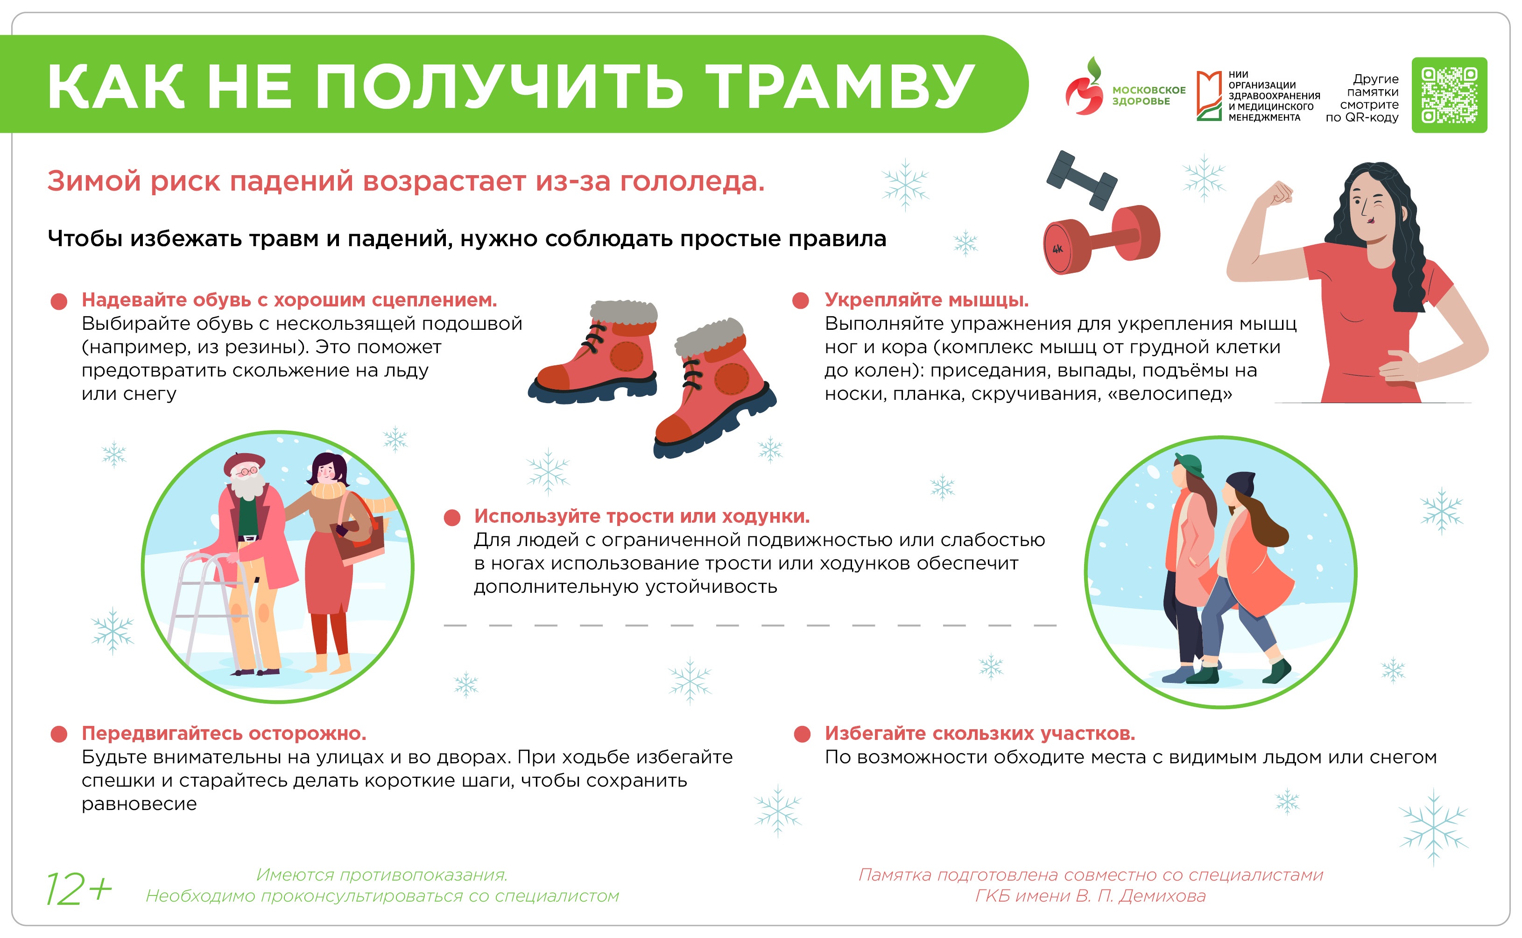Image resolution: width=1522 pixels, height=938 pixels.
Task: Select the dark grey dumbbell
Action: click(x=1081, y=180)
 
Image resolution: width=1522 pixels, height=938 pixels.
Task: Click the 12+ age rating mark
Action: click(x=79, y=889)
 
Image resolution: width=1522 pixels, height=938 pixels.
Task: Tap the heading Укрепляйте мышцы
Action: click(x=926, y=300)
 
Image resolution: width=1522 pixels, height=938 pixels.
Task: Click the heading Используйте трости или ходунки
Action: click(x=641, y=516)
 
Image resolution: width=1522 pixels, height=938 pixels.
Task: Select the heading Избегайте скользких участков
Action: click(x=979, y=733)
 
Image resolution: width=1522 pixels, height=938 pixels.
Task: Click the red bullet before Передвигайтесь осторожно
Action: click(x=59, y=734)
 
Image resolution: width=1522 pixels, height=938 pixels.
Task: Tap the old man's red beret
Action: click(x=244, y=462)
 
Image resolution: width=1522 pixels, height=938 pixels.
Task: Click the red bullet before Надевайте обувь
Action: click(x=59, y=301)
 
